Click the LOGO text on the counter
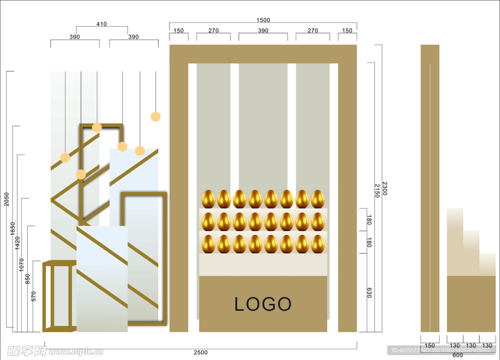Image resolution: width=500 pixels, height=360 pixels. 263,304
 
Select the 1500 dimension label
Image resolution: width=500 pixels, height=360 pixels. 263,20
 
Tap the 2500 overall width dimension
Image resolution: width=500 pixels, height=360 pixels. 201,352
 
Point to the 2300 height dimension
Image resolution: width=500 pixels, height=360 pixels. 385,189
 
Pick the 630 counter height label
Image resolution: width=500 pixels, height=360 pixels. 369,293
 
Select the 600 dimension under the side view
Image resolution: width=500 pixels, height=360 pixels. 458,355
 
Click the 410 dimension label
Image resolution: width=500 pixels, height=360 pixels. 102,24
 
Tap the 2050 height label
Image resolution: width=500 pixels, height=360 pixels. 7,199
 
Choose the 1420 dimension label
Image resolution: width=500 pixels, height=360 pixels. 18,243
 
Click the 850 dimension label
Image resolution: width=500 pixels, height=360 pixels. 28,279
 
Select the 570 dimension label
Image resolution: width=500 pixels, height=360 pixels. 34,296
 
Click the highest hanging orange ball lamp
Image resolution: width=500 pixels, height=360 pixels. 156,116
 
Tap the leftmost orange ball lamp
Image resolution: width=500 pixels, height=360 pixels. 65,157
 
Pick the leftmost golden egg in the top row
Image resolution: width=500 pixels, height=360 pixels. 208,199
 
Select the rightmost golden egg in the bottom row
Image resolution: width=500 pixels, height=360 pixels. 318,244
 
